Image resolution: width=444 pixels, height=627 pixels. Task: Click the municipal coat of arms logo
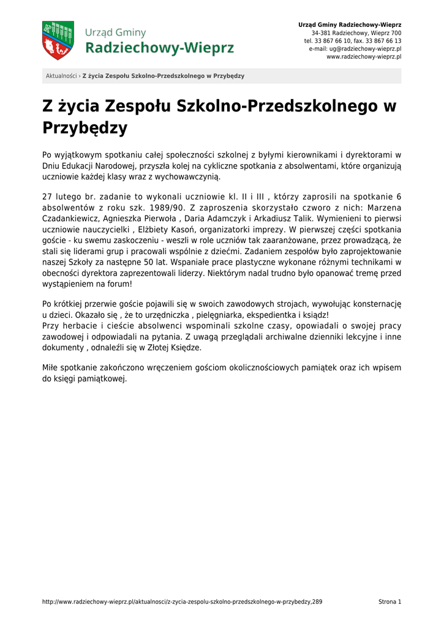pos(58,40)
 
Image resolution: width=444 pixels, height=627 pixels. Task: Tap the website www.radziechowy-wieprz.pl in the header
pos(364,56)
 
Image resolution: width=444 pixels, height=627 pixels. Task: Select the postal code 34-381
pos(322,33)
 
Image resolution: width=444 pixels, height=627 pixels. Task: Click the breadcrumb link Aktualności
pos(61,76)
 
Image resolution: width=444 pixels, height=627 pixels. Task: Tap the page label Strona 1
pos(389,602)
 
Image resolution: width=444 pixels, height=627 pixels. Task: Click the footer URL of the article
pos(182,602)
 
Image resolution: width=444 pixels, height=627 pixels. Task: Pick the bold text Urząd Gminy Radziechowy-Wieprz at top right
pos(350,24)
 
